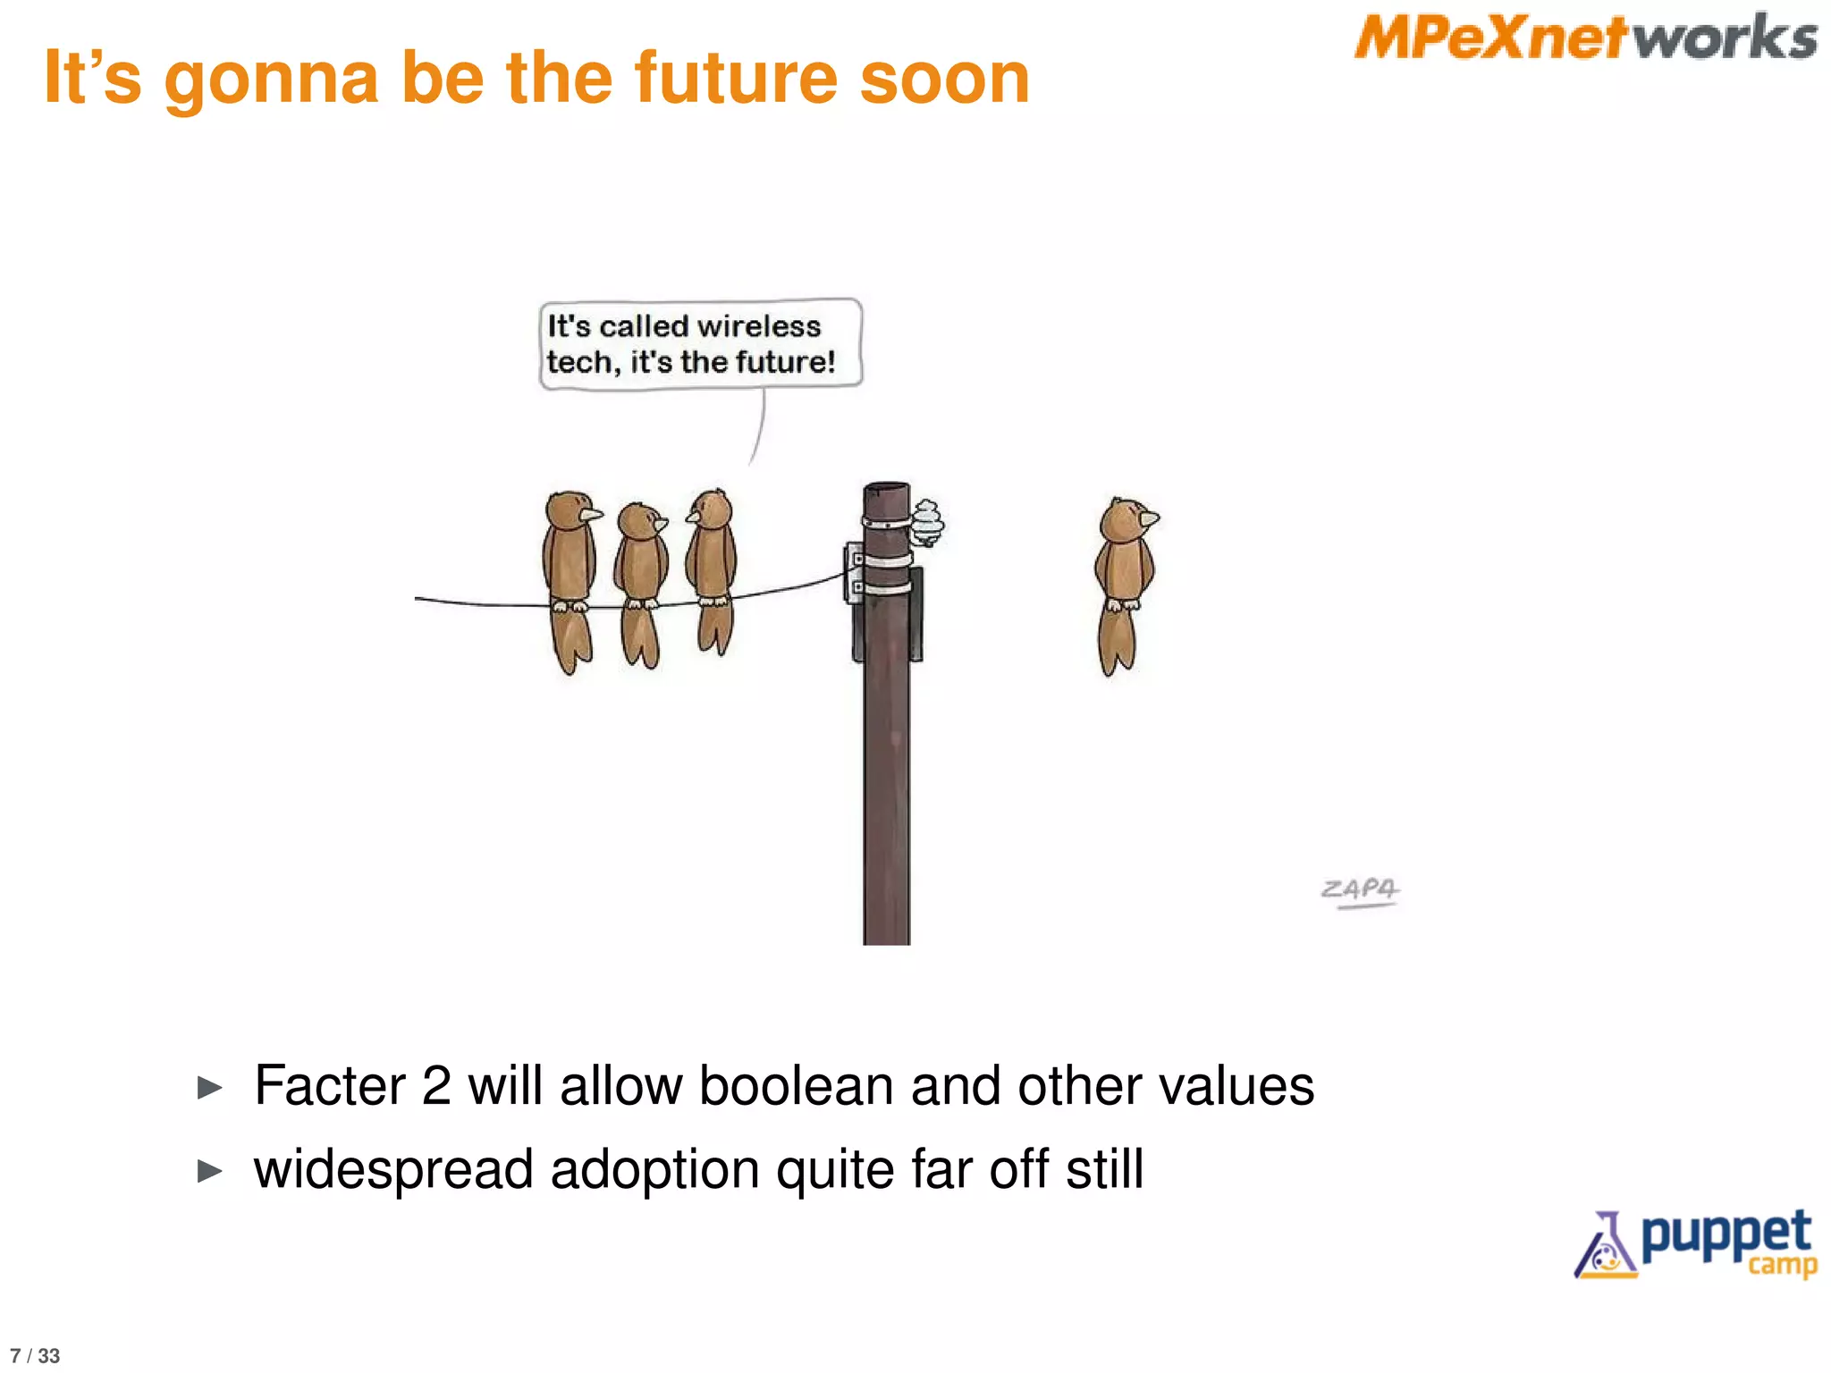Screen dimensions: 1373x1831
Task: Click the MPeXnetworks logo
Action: (1585, 38)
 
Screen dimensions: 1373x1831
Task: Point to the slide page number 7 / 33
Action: (35, 1356)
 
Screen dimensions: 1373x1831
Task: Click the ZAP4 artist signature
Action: (1360, 890)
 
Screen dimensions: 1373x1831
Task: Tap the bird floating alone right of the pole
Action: (1124, 581)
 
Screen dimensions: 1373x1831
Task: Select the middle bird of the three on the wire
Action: (640, 581)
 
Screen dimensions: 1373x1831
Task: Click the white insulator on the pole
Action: (926, 524)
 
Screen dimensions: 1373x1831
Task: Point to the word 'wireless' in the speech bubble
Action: (758, 326)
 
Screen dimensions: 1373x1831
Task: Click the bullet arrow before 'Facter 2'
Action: (209, 1088)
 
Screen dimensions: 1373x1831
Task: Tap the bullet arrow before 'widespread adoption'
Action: (209, 1171)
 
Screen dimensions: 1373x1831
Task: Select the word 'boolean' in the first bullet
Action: (796, 1086)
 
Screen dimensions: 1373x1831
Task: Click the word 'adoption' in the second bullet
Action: (654, 1170)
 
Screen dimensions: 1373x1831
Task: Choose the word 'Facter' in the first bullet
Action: (329, 1086)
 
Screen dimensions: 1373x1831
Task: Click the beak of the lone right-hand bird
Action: (1150, 518)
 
